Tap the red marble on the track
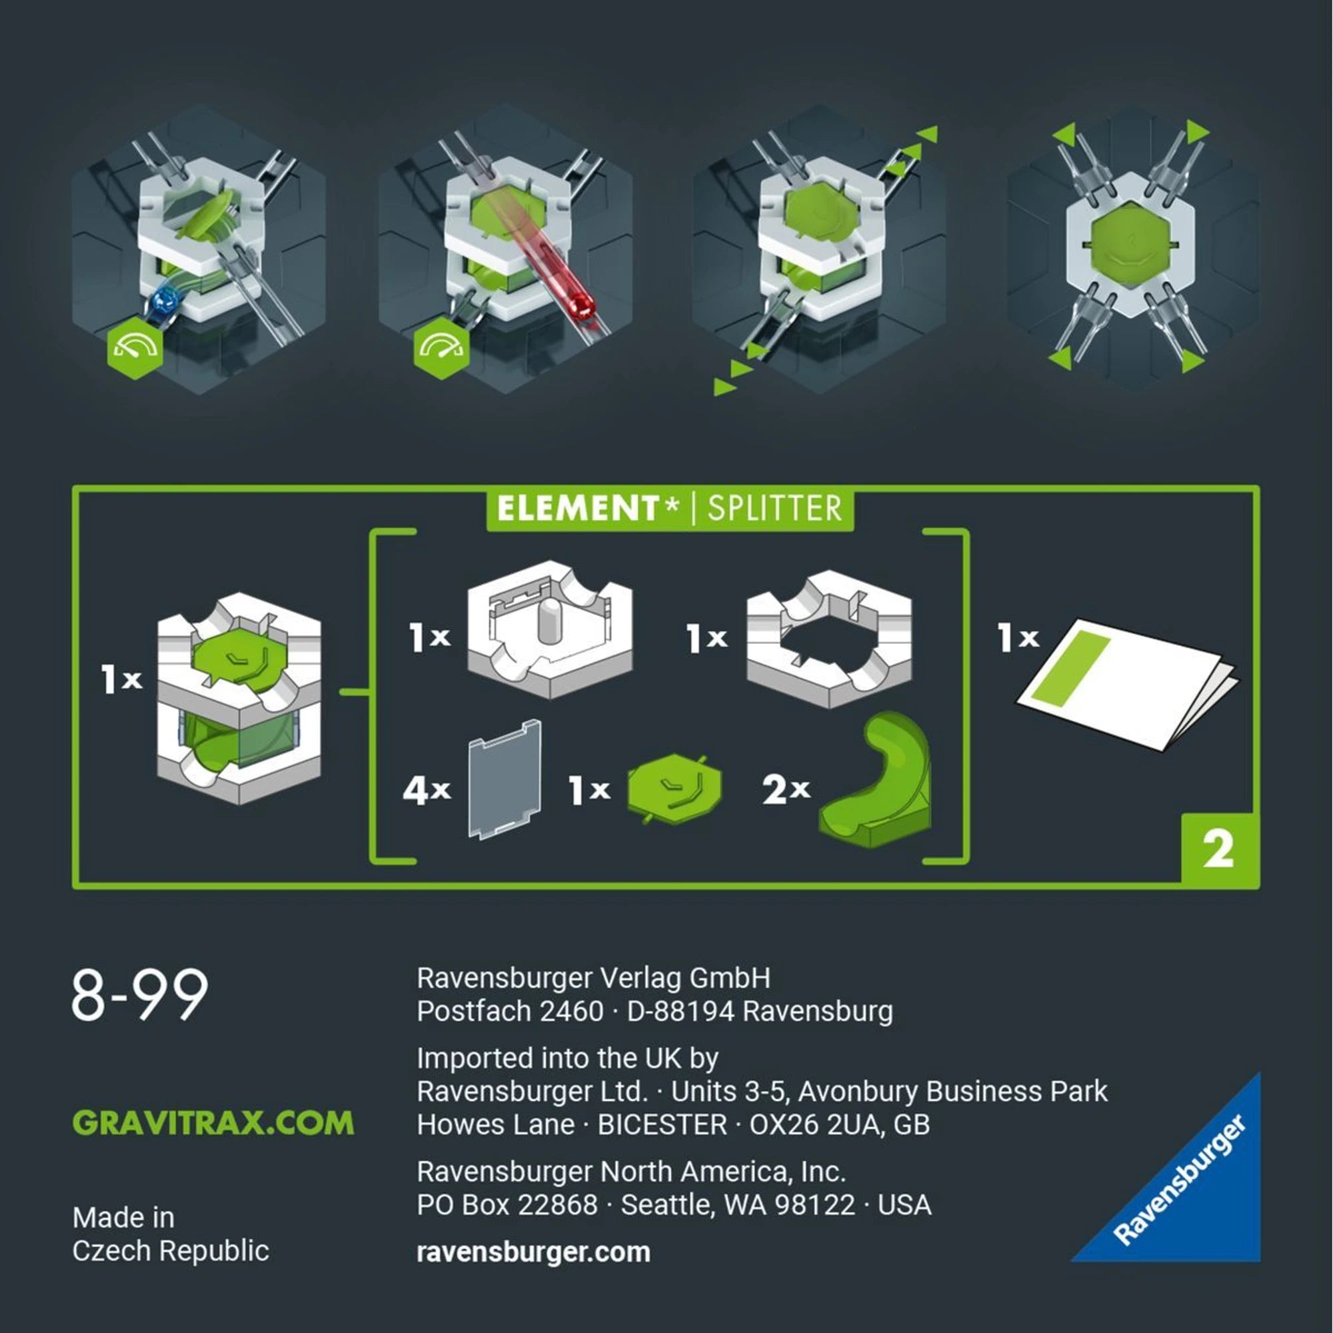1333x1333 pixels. pos(583,307)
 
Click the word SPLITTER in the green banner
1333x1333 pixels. pos(774,509)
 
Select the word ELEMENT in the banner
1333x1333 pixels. pos(578,509)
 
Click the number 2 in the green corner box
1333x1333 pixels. pos(1218,850)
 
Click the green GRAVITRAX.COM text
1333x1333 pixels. pos(213,1122)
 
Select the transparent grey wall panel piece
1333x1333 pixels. pos(505,780)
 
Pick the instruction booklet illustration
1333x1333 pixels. pos(1126,683)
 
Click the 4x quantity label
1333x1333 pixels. pos(427,790)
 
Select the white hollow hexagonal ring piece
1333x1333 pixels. pos(829,639)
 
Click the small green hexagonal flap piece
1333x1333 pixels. pos(674,788)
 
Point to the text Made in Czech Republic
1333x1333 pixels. pos(171,1234)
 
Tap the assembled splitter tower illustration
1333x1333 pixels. pos(239,698)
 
